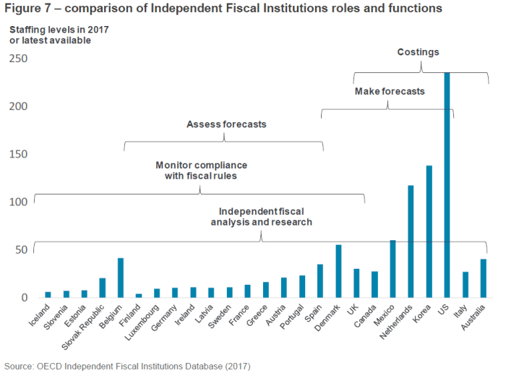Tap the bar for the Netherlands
[411, 241]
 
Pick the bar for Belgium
[121, 278]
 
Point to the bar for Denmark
[338, 271]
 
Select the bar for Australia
[483, 278]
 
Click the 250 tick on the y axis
[18, 59]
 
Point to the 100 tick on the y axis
[18, 202]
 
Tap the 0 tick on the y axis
[25, 297]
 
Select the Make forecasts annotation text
[389, 92]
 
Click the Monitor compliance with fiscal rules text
[201, 170]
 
